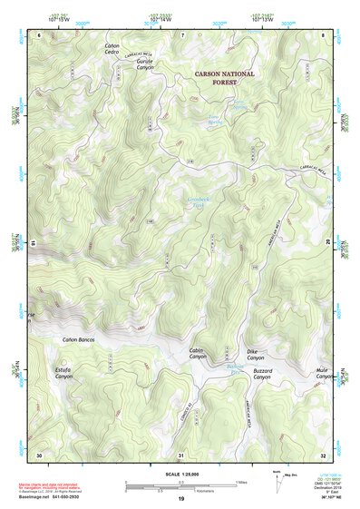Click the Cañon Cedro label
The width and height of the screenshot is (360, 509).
[112, 48]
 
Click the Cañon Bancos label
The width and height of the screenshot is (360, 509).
[79, 338]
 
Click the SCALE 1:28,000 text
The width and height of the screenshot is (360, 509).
[180, 472]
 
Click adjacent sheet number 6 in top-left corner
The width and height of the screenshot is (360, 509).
[40, 34]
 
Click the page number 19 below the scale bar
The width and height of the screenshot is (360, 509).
[180, 500]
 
